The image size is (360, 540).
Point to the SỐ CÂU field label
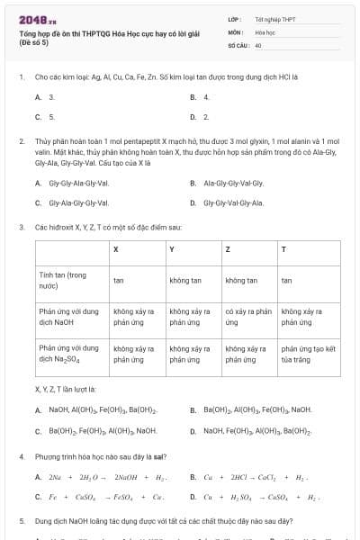237,44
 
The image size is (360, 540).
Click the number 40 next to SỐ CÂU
258,44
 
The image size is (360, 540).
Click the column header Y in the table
172,248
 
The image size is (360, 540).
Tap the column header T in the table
284,248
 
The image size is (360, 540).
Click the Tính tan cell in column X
119,281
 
